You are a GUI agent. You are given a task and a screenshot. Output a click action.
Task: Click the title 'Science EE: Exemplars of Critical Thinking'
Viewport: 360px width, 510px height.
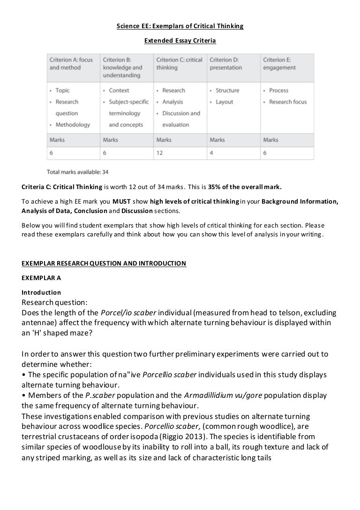pyautogui.click(x=180, y=26)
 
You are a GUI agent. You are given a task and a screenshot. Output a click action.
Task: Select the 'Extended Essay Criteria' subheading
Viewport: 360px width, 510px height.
pyautogui.click(x=180, y=41)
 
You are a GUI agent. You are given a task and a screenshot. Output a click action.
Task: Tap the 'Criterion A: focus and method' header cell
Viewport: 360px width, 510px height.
pyautogui.click(x=71, y=64)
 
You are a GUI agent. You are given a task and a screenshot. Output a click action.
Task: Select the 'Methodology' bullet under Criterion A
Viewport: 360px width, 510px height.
pyautogui.click(x=73, y=125)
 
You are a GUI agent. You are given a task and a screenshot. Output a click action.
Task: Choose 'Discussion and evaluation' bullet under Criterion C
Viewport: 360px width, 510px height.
pyautogui.click(x=181, y=119)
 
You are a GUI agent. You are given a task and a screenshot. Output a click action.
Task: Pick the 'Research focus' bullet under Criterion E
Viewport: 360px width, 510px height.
pyautogui.click(x=288, y=102)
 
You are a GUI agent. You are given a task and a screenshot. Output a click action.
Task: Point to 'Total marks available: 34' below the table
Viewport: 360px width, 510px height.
pyautogui.click(x=78, y=172)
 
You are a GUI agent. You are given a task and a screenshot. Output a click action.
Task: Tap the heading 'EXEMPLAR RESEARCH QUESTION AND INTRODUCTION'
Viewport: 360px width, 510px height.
pyautogui.click(x=104, y=263)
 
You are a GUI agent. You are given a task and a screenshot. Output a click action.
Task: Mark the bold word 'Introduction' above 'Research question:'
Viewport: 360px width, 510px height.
pyautogui.click(x=41, y=292)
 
